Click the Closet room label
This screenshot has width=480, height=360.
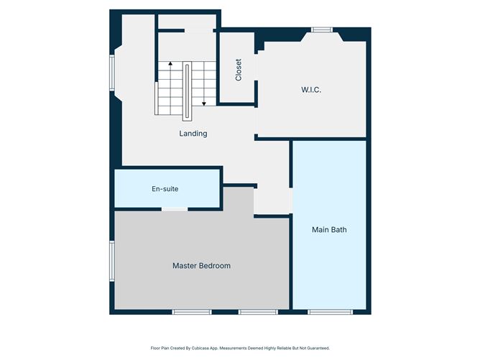[x=238, y=68]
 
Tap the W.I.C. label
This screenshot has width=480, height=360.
[x=310, y=90]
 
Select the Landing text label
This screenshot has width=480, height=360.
[x=193, y=133]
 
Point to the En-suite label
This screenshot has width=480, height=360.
[x=165, y=189]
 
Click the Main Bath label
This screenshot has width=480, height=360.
[x=329, y=230]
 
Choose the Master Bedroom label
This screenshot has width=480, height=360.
[x=201, y=266]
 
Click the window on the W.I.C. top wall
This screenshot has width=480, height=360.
[x=321, y=29]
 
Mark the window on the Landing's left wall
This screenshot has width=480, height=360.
[x=112, y=74]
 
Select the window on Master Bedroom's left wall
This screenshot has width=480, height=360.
[x=112, y=262]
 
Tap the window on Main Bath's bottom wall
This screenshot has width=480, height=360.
[x=329, y=312]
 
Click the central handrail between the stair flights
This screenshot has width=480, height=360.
[x=188, y=90]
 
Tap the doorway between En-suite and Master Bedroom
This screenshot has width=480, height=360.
[x=174, y=209]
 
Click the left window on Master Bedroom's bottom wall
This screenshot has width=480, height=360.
[x=192, y=312]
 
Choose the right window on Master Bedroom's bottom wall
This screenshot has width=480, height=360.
[x=258, y=312]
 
